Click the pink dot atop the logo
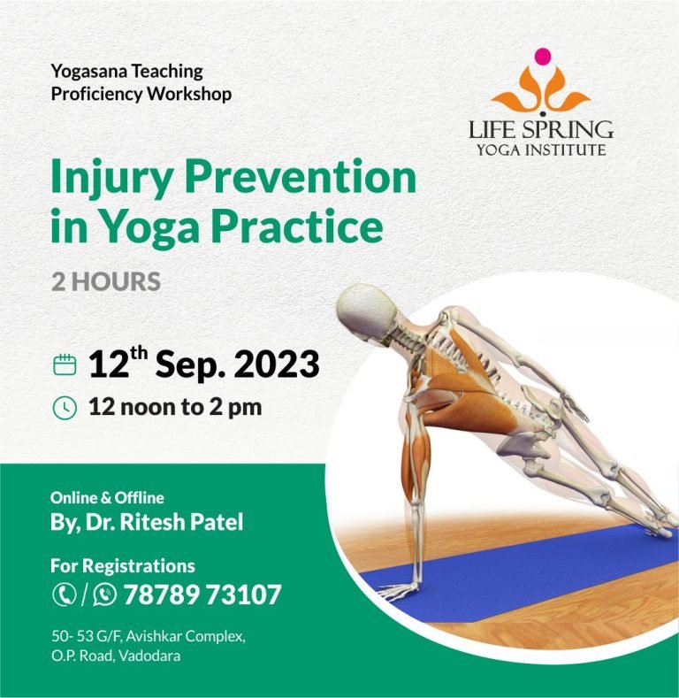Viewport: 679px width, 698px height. tap(542, 56)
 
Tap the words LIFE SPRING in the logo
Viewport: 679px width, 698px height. tap(540, 129)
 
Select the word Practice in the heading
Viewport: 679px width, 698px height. tap(297, 226)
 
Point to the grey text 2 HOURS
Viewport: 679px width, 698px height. tap(106, 282)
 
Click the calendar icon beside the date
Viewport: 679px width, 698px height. tap(65, 364)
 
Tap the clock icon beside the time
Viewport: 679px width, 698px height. tap(65, 408)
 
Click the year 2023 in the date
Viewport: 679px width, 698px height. tap(277, 364)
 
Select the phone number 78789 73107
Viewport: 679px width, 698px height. tap(202, 594)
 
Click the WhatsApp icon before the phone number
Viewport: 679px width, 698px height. tap(104, 594)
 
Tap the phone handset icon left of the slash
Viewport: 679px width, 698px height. tap(65, 594)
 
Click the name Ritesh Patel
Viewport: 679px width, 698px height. tap(181, 522)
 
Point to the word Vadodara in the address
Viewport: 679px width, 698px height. tap(150, 656)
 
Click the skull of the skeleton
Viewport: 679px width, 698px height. tap(366, 311)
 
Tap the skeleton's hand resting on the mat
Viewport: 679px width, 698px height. tap(397, 591)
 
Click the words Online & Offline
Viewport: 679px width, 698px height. tap(107, 498)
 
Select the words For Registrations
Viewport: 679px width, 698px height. tap(123, 566)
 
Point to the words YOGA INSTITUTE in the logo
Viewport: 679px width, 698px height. tap(541, 150)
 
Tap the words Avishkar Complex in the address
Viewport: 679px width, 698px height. tap(186, 637)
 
